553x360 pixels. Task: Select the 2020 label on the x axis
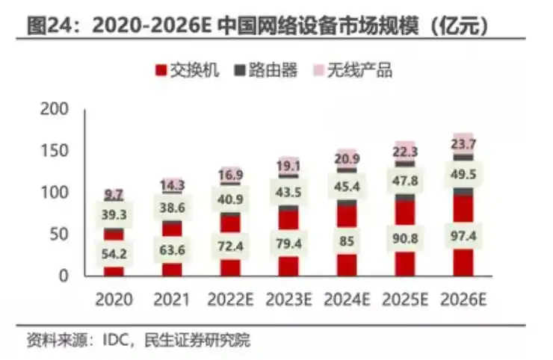click(x=114, y=300)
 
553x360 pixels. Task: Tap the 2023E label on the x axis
click(x=288, y=300)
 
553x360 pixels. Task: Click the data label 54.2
click(x=114, y=253)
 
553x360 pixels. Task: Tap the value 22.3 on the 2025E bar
click(x=405, y=152)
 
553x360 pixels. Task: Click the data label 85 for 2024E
click(x=347, y=241)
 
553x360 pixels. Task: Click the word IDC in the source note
click(x=99, y=341)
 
